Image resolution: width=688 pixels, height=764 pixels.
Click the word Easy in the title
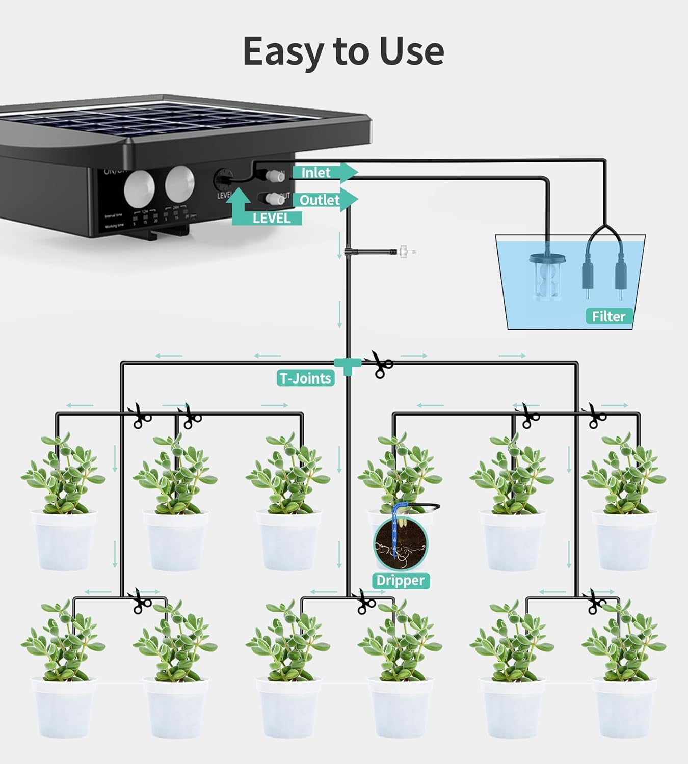pos(283,51)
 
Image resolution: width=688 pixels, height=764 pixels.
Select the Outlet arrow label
pos(320,200)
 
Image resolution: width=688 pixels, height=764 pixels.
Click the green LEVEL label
pos(271,218)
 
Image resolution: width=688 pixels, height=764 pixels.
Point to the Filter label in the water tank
pos(608,316)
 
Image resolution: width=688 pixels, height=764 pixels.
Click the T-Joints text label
pos(305,378)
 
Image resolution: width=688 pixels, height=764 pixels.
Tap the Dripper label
pos(400,580)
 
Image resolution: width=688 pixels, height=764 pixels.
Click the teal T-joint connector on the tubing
pos(348,364)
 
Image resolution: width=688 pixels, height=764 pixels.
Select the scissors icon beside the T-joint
pos(380,364)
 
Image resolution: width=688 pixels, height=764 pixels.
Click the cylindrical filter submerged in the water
pos(545,278)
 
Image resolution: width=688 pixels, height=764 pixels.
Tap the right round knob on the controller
pos(179,183)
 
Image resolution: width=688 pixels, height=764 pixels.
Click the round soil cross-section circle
pos(401,544)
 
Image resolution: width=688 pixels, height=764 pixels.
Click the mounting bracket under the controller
pos(168,233)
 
